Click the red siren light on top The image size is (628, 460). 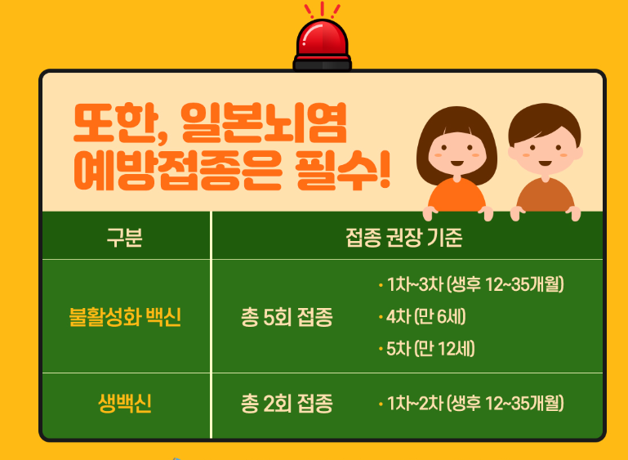322,42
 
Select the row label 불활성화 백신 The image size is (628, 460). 125,317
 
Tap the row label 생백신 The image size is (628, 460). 125,404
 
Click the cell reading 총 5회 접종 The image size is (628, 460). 287,317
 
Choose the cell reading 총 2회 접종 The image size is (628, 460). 287,404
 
